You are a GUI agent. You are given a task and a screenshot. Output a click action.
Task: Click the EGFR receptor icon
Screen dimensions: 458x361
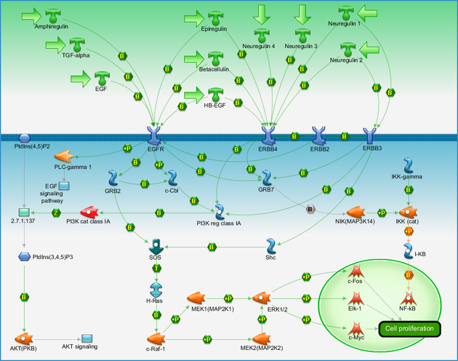(x=154, y=136)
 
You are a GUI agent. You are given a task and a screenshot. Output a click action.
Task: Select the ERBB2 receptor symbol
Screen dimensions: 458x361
(x=319, y=136)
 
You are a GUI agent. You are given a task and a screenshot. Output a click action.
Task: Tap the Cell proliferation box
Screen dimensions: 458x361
(x=409, y=329)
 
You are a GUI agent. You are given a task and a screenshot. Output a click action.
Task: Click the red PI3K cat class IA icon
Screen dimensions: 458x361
(x=89, y=213)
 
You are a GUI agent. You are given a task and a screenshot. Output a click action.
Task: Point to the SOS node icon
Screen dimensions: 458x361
(x=156, y=247)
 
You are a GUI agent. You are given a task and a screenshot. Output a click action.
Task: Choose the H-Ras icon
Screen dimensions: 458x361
(x=156, y=290)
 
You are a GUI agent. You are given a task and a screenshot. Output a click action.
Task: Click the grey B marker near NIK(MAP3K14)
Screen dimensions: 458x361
(x=310, y=209)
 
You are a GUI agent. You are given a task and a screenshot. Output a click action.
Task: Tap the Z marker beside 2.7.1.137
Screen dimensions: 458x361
(x=56, y=213)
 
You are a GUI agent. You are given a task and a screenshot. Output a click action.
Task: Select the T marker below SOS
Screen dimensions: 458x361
(x=156, y=268)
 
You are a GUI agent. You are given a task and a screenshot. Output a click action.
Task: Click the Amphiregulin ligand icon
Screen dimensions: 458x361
(x=53, y=16)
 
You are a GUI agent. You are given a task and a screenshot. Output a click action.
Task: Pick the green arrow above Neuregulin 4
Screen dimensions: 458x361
(x=262, y=15)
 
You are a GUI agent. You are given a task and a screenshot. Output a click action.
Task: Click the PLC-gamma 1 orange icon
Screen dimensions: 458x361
(x=64, y=156)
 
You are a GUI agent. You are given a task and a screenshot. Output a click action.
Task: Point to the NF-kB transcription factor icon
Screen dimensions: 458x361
(x=409, y=298)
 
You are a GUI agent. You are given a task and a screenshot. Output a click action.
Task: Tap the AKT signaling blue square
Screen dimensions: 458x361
(x=87, y=338)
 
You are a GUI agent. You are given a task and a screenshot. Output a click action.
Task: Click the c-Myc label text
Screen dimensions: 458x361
(x=356, y=338)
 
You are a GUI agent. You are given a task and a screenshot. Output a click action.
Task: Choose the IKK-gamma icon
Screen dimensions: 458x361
(x=408, y=166)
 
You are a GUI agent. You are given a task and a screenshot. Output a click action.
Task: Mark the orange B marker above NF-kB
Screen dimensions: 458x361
(x=409, y=275)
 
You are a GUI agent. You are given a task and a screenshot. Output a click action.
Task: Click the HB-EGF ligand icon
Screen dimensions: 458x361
(x=216, y=95)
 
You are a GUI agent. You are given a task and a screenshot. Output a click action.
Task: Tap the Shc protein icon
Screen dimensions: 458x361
(x=271, y=246)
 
